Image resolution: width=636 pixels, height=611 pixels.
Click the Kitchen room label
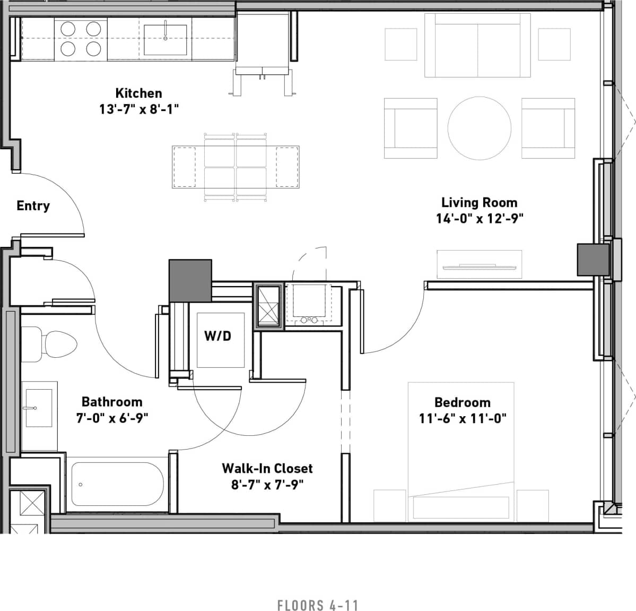[138, 93]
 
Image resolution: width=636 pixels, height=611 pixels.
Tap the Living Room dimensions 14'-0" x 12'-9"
[480, 218]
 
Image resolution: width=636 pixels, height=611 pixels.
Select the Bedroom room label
[462, 402]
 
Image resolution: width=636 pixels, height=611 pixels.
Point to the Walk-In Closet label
[267, 468]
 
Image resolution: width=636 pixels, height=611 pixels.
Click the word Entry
[33, 205]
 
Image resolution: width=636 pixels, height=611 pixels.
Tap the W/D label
[217, 335]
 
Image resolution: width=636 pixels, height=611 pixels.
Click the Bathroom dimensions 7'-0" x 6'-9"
[112, 418]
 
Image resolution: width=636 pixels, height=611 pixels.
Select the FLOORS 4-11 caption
[318, 605]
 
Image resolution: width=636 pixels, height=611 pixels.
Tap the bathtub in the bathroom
[117, 484]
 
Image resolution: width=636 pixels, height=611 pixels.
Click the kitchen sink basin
[165, 40]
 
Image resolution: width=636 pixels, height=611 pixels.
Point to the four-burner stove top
[81, 39]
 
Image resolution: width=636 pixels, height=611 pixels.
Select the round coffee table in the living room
[480, 128]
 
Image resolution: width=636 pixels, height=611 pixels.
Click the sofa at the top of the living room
[477, 46]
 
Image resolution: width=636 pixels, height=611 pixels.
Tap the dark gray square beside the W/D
[190, 280]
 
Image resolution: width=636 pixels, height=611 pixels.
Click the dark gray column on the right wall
[593, 259]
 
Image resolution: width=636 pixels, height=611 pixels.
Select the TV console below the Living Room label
[479, 264]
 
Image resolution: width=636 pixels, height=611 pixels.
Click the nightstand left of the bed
[390, 505]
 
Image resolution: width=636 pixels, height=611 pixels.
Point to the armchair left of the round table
[411, 128]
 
